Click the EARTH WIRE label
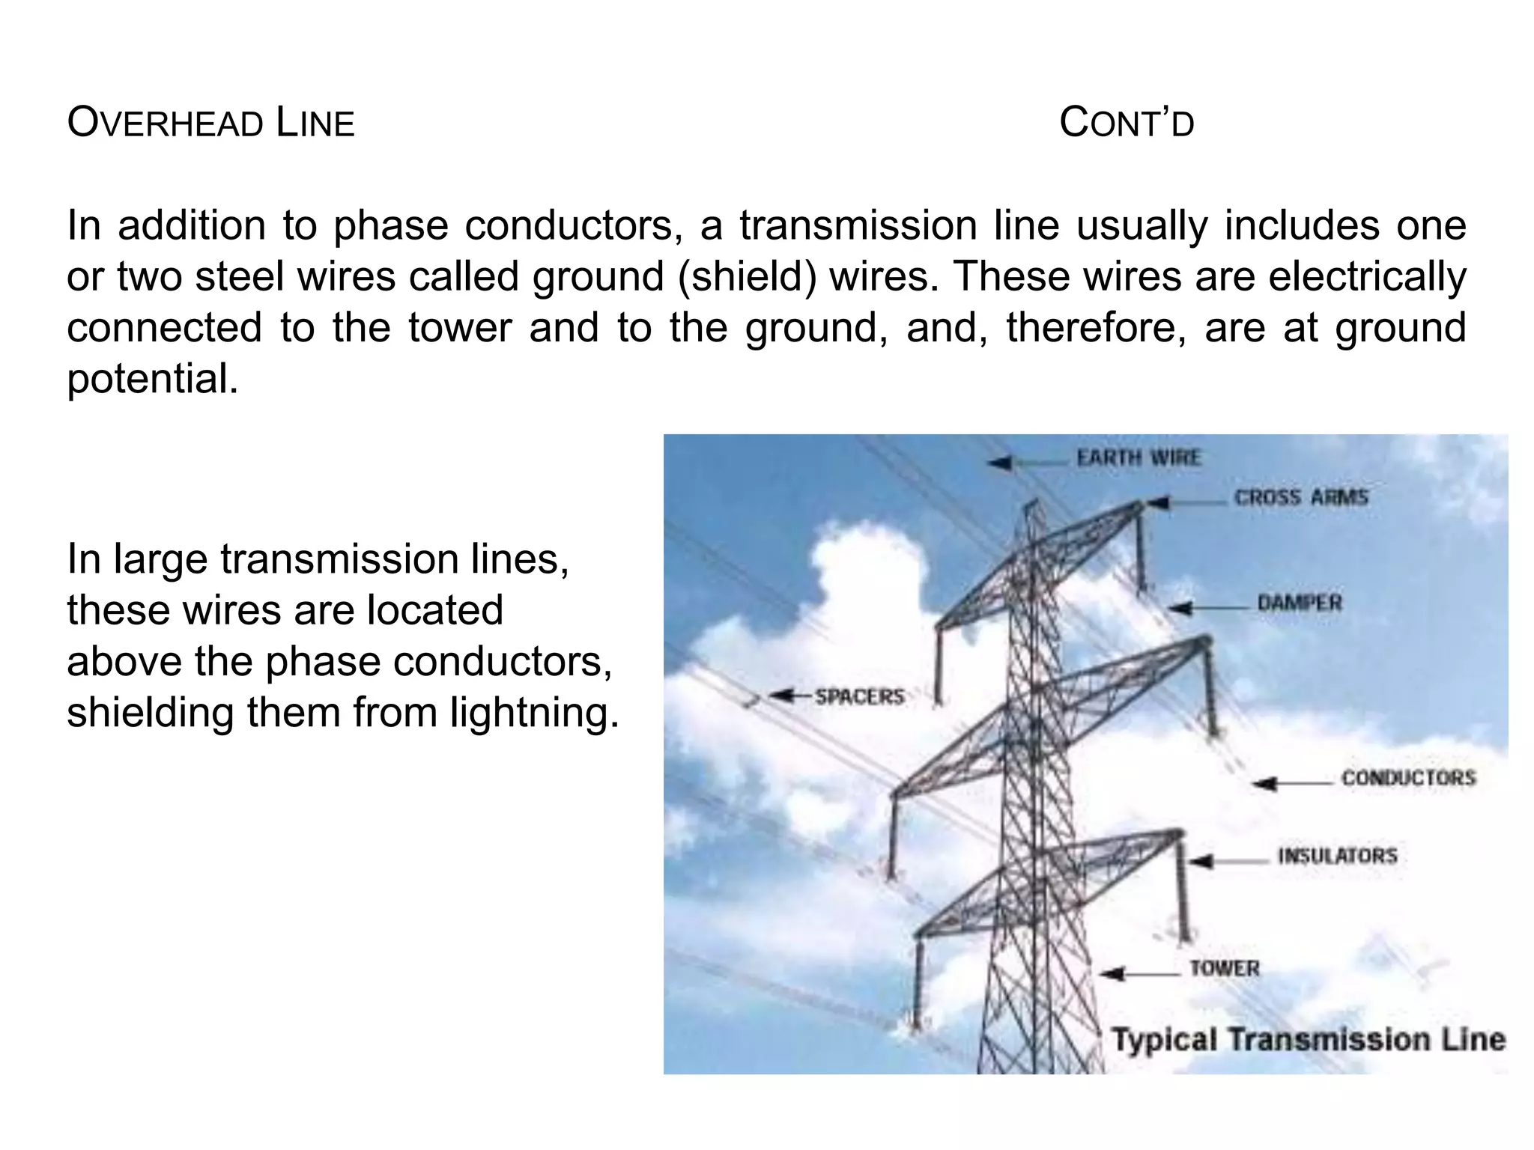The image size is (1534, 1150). point(1138,457)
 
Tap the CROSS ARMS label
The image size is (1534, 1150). point(1300,497)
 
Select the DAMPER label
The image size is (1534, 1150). point(1299,603)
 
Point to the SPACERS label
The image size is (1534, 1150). point(859,696)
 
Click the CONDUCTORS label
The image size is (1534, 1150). point(1408,778)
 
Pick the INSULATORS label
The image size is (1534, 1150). point(1337,855)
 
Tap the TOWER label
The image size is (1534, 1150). point(1224,968)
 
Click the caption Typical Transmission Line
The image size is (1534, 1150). point(1308,1039)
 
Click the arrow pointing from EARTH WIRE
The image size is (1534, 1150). point(1027,463)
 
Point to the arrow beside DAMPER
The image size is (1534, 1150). point(1209,608)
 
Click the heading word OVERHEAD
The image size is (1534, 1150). point(165,123)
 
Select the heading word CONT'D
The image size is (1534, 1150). point(1127,123)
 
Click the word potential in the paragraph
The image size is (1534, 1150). point(152,379)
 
